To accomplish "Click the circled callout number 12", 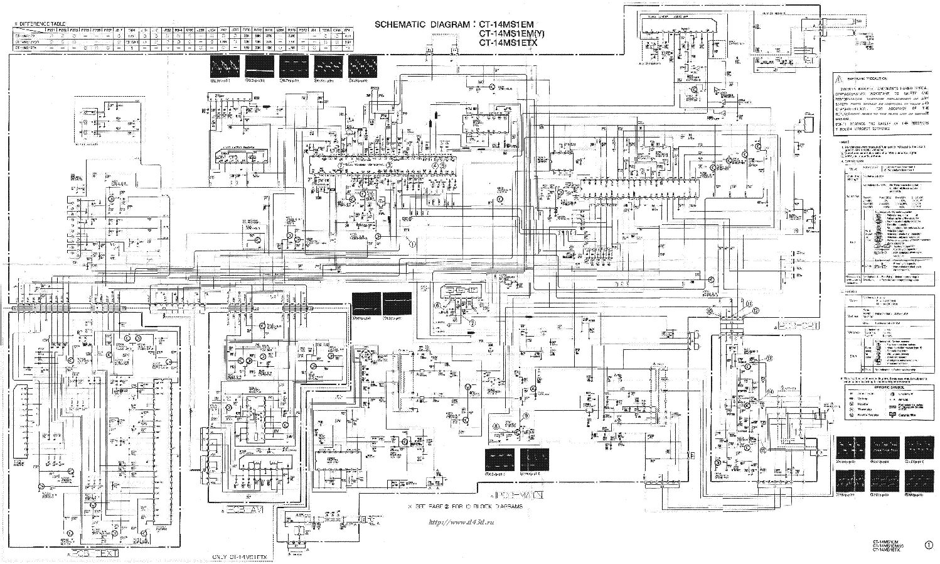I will [756, 311].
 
